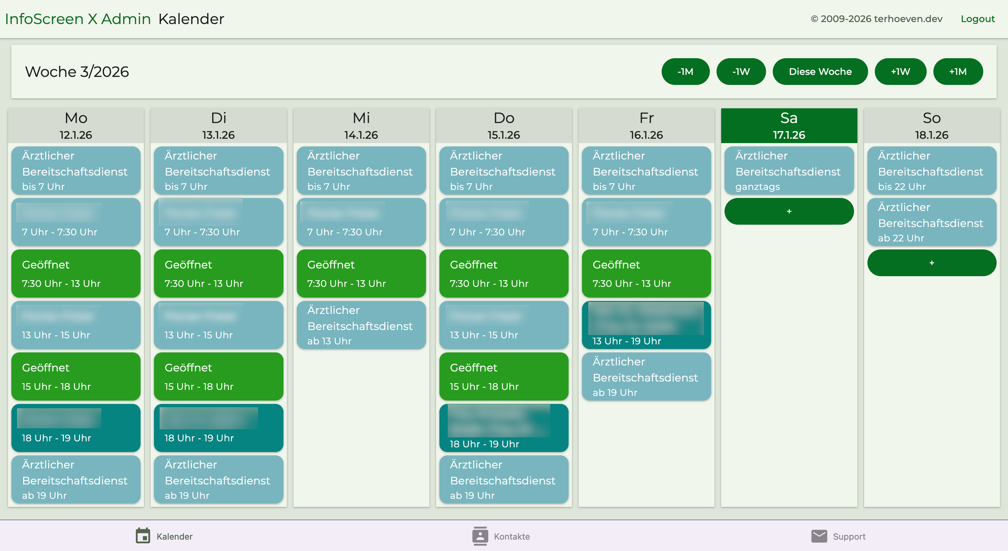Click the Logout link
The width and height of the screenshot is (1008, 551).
pos(977,19)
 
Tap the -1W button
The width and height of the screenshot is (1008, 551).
pos(741,72)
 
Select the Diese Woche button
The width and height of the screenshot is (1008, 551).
pos(820,72)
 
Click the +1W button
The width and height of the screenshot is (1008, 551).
pos(900,72)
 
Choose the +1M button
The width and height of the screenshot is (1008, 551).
pos(957,72)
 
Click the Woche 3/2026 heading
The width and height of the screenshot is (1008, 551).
pos(77,72)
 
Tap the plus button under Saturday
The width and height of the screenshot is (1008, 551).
pos(788,211)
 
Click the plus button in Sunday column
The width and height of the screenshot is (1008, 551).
pos(931,263)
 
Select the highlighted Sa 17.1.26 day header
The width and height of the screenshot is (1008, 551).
pos(788,125)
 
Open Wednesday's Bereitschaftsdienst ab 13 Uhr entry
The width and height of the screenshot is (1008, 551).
pos(361,325)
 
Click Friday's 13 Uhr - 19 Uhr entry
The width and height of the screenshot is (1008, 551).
pos(646,325)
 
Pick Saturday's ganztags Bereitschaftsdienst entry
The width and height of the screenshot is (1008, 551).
pos(788,171)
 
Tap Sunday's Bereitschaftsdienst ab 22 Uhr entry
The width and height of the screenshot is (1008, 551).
pos(931,222)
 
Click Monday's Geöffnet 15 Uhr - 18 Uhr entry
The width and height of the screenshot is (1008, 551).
pos(76,376)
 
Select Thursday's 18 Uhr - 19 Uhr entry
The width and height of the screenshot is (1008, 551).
pos(504,428)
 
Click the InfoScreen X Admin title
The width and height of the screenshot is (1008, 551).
pos(78,19)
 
